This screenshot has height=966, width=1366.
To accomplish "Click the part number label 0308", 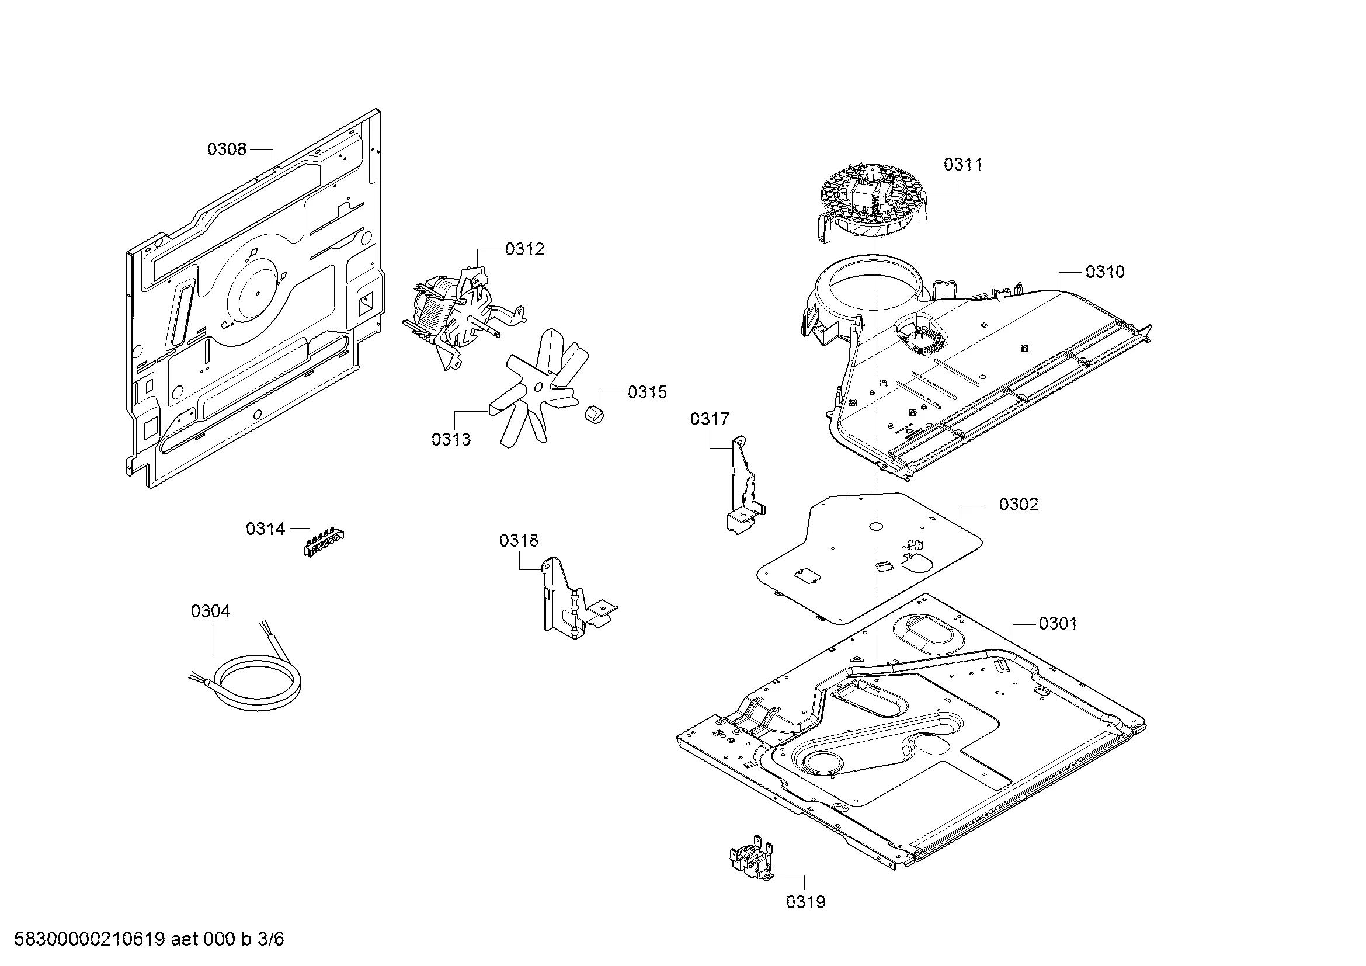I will pyautogui.click(x=226, y=149).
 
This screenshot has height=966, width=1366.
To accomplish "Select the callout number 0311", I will pyautogui.click(x=962, y=164).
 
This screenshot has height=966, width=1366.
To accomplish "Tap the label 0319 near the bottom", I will pyautogui.click(x=805, y=902).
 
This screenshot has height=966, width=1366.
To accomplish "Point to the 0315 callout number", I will pyautogui.click(x=647, y=392).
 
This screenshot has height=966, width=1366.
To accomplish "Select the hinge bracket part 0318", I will pyautogui.click(x=571, y=601).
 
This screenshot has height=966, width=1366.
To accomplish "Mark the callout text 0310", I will pyautogui.click(x=1105, y=272).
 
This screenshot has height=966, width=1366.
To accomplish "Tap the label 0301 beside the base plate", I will pyautogui.click(x=1058, y=623).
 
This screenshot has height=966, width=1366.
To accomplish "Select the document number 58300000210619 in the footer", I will pyautogui.click(x=89, y=939).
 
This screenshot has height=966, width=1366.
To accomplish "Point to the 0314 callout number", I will pyautogui.click(x=265, y=528).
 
